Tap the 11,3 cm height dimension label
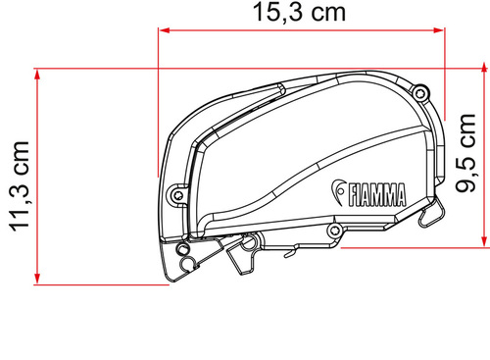pyautogui.click(x=19, y=197)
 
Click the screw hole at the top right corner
pyautogui.click(x=419, y=94)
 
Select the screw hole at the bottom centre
pyautogui.click(x=334, y=231)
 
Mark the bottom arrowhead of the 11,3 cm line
pyautogui.click(x=35, y=280)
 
